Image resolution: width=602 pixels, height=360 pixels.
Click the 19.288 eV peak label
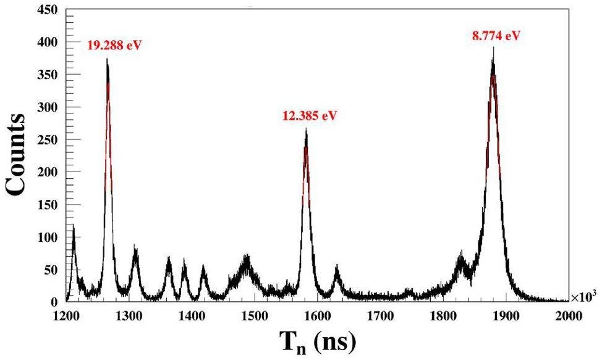coord(115,46)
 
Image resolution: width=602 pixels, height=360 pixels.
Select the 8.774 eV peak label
coord(496,35)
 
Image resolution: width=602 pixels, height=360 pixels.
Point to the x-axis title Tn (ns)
coord(317,340)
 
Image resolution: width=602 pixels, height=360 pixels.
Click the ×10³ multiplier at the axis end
coord(585,298)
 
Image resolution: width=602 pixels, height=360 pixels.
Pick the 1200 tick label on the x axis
coord(66,315)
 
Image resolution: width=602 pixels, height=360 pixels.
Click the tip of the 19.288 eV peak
coord(107,59)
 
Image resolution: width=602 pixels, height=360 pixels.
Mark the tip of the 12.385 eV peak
coord(306,129)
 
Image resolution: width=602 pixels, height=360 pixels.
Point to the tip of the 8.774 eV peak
coord(493,48)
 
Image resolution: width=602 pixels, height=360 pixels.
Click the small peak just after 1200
coord(74,226)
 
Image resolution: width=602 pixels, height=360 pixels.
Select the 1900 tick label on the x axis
coord(505,315)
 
